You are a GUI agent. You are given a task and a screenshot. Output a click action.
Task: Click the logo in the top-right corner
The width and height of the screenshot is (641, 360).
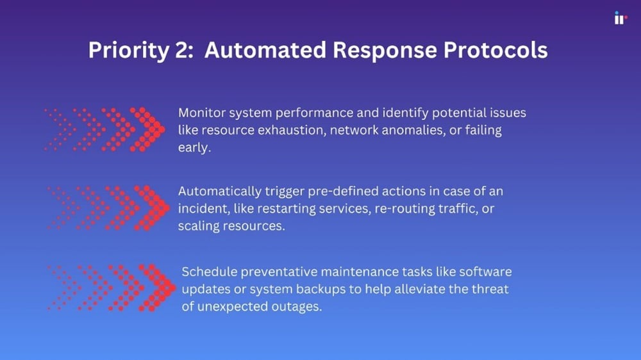tap(620, 18)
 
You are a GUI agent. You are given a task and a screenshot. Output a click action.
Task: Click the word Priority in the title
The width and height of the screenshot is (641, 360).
tap(129, 51)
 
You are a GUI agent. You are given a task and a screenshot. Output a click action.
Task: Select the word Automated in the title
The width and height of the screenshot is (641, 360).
tap(265, 50)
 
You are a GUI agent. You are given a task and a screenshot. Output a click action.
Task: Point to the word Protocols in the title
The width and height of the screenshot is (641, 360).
tap(495, 50)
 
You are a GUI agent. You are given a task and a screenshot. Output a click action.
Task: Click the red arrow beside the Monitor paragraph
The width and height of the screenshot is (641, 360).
tap(104, 129)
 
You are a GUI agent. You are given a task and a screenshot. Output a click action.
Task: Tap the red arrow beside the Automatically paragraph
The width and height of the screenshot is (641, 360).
tap(108, 208)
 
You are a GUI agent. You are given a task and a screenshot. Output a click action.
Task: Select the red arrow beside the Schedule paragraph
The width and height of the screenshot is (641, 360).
tap(112, 288)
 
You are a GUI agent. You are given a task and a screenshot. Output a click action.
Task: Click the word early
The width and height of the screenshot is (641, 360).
tap(194, 148)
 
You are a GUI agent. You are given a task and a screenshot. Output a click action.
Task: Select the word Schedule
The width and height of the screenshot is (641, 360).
tap(210, 272)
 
